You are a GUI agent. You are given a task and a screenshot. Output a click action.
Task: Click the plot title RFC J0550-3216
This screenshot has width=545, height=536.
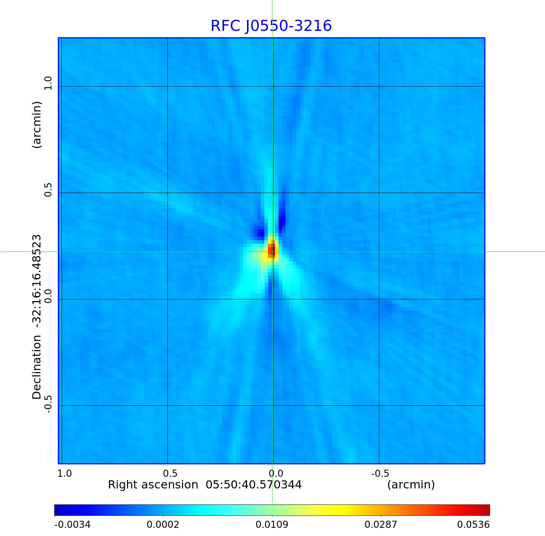(271, 26)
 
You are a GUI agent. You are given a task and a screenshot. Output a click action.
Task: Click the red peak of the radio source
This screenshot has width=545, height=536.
(271, 249)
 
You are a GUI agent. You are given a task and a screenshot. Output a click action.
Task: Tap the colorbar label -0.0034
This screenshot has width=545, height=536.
(72, 525)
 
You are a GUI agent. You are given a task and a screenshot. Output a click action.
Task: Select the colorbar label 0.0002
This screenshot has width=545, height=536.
(163, 525)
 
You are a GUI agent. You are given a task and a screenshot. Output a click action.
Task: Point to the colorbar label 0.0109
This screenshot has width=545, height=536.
(272, 525)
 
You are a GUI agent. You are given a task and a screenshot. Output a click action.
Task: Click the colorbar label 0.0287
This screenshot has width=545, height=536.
(381, 525)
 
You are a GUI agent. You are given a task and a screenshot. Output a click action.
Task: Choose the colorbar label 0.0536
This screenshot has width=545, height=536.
(473, 525)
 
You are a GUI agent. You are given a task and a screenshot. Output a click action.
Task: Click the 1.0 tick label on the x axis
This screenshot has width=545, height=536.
(65, 474)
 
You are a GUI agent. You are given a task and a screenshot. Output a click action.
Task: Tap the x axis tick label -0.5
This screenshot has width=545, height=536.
(380, 474)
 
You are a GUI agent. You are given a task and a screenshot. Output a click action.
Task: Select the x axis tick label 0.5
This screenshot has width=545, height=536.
(170, 474)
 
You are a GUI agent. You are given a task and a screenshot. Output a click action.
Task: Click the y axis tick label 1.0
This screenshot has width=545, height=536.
(48, 83)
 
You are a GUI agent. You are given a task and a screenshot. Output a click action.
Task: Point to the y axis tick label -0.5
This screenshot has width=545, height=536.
(48, 404)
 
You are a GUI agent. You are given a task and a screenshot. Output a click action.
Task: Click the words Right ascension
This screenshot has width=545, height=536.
(153, 485)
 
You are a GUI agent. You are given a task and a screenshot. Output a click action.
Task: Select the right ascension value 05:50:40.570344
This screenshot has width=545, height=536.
(254, 485)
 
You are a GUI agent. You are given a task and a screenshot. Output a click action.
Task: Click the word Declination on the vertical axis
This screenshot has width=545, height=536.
(37, 368)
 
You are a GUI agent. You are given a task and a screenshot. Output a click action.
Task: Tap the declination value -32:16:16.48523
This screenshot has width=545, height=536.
(37, 279)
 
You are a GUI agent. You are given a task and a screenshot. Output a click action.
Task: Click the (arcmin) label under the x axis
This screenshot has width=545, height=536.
(411, 485)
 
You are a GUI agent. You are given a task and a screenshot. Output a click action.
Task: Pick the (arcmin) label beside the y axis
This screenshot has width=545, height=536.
(37, 125)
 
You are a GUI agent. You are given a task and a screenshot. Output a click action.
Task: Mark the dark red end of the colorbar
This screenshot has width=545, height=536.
(486, 510)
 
